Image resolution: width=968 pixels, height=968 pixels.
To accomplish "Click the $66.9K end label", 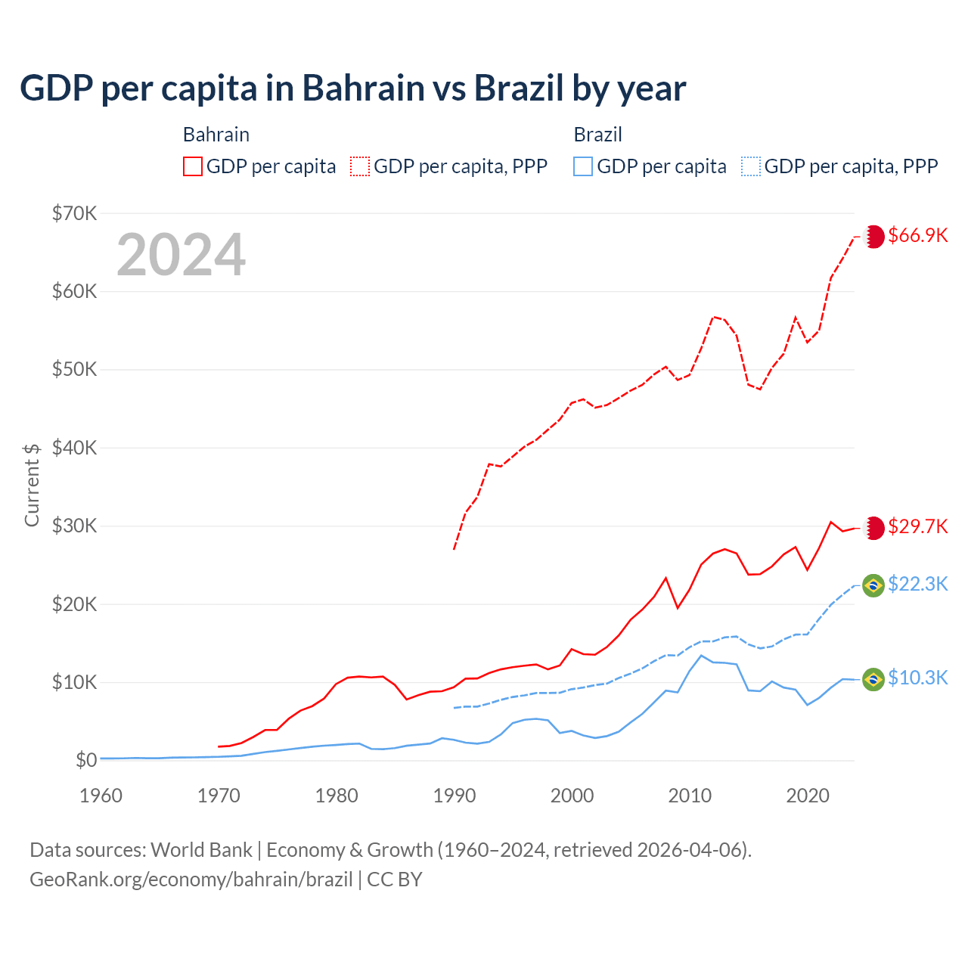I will tap(917, 235).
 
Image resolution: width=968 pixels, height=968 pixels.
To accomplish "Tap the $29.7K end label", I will tap(917, 526).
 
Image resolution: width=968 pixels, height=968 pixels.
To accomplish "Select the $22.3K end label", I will tap(917, 584).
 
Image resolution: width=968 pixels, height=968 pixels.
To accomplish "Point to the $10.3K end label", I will tap(917, 678).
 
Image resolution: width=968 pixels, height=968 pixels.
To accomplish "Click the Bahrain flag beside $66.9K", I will tap(874, 236).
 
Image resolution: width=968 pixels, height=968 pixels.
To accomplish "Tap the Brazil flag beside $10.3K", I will tap(873, 679).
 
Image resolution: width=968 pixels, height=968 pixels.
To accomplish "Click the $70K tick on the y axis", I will tap(74, 213).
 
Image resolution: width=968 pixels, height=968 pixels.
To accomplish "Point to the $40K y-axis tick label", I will tap(74, 448).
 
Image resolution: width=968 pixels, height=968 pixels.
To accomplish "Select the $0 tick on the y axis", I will tap(86, 760).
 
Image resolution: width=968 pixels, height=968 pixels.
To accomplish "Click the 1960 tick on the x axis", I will tap(101, 796).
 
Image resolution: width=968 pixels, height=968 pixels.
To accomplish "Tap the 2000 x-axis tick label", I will tap(572, 796).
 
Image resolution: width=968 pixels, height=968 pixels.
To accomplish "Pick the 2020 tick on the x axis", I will tap(808, 796).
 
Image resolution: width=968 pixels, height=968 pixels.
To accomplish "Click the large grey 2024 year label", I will tap(181, 255).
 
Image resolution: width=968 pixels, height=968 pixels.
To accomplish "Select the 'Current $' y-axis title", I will tap(32, 485).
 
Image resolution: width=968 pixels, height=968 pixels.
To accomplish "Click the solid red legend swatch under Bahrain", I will tap(193, 166).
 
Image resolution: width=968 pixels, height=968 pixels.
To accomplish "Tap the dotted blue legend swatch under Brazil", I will tap(751, 166).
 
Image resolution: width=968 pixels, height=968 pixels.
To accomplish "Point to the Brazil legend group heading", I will tap(597, 135).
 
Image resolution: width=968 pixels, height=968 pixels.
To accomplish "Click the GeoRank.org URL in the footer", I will tap(191, 880).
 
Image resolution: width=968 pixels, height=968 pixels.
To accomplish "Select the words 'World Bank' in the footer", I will tap(201, 850).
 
